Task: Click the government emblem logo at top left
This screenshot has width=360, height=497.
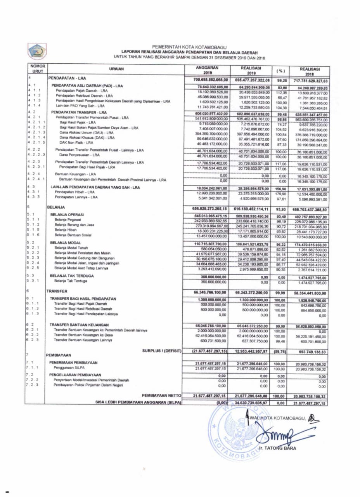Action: coord(36,51)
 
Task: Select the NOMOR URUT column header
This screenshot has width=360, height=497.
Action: coord(38,69)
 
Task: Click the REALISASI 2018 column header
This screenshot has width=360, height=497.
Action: coord(311,70)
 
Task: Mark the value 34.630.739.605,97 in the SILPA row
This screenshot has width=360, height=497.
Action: coord(251,403)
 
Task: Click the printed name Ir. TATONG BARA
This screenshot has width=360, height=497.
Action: coord(278,448)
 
